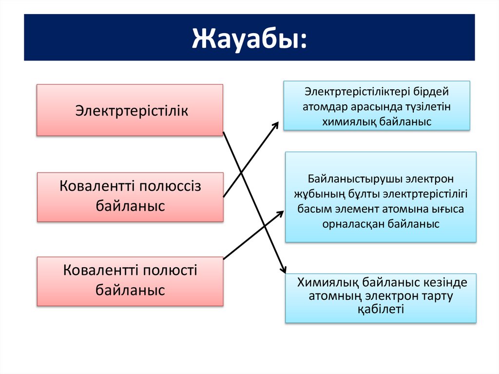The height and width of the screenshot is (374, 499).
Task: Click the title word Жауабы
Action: coord(249,38)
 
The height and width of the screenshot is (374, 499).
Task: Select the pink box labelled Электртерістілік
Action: coord(130,110)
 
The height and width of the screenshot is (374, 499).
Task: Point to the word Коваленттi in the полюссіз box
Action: coord(98,186)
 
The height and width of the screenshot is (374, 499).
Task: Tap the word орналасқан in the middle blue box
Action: coord(353,224)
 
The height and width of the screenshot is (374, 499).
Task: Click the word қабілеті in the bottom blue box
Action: coord(381,309)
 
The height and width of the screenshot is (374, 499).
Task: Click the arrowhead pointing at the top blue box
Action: coord(275,125)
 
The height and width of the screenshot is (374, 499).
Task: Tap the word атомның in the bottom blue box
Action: coord(333,296)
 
